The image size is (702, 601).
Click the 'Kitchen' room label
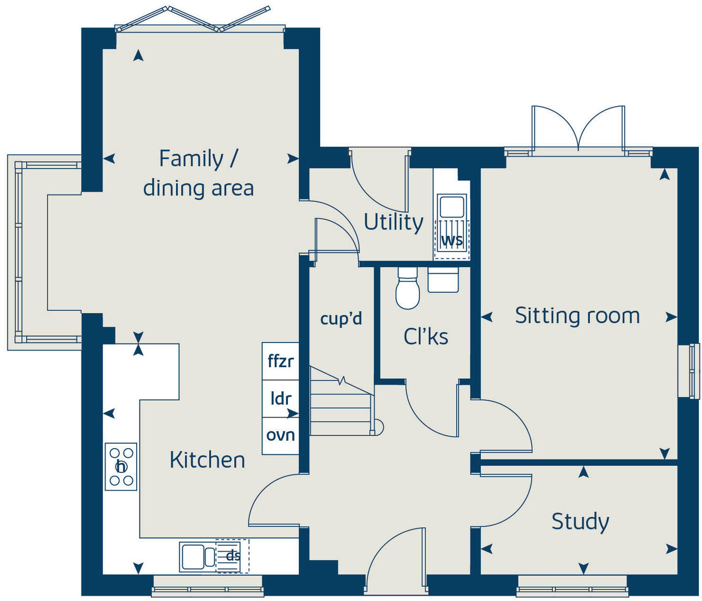(207, 460)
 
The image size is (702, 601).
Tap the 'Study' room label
(580, 522)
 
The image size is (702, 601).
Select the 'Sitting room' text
(577, 316)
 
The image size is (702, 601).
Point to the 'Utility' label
(393, 222)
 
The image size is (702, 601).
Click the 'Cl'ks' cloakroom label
(426, 337)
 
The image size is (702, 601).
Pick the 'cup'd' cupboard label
(341, 318)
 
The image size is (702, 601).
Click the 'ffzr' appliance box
(281, 361)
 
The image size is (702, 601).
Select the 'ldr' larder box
(281, 399)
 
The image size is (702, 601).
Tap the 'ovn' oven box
(281, 436)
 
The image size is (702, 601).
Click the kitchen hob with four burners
(121, 467)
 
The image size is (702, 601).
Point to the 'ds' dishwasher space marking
(232, 556)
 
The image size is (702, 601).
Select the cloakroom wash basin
(443, 280)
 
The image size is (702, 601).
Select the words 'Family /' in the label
(199, 159)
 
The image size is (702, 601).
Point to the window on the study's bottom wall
(572, 585)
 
